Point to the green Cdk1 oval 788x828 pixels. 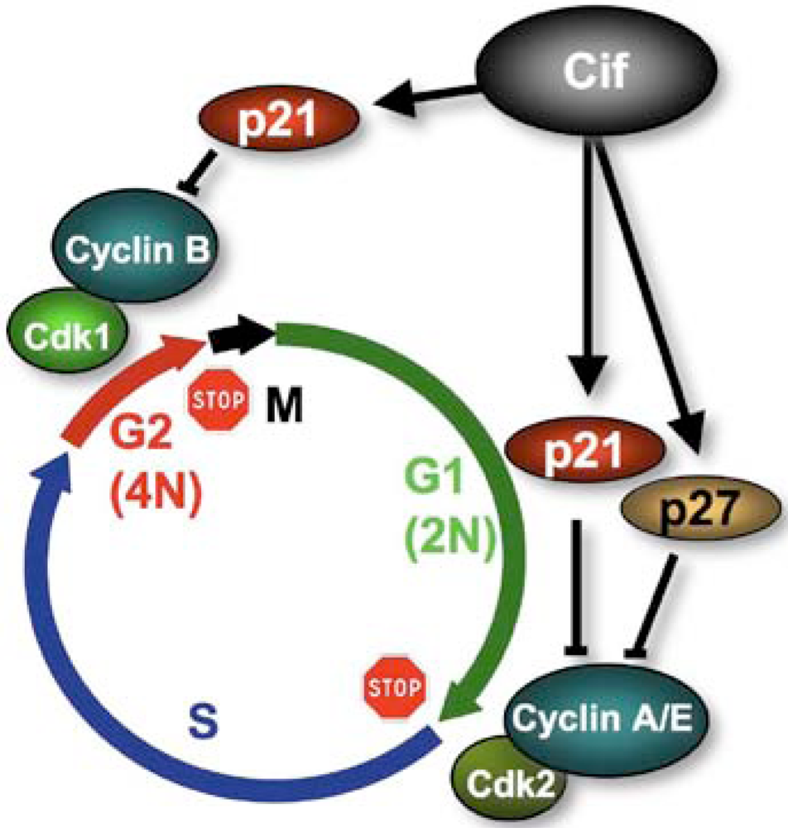pyautogui.click(x=69, y=336)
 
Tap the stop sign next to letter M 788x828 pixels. pyautogui.click(x=219, y=400)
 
